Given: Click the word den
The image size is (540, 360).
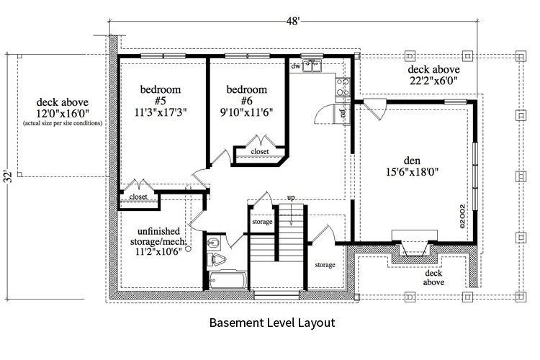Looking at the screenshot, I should (x=411, y=159).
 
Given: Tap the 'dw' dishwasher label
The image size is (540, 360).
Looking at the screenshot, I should (x=295, y=66).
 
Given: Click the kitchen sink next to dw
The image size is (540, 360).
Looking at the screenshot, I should (x=313, y=66).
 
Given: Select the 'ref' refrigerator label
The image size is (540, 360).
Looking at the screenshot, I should (x=343, y=113).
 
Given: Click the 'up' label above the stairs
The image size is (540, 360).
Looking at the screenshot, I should (x=291, y=197).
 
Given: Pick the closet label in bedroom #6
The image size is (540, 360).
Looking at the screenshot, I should (x=260, y=152).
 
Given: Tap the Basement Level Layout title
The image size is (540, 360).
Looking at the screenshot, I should (x=271, y=323).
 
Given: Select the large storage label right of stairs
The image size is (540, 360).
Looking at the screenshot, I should (x=325, y=265).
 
